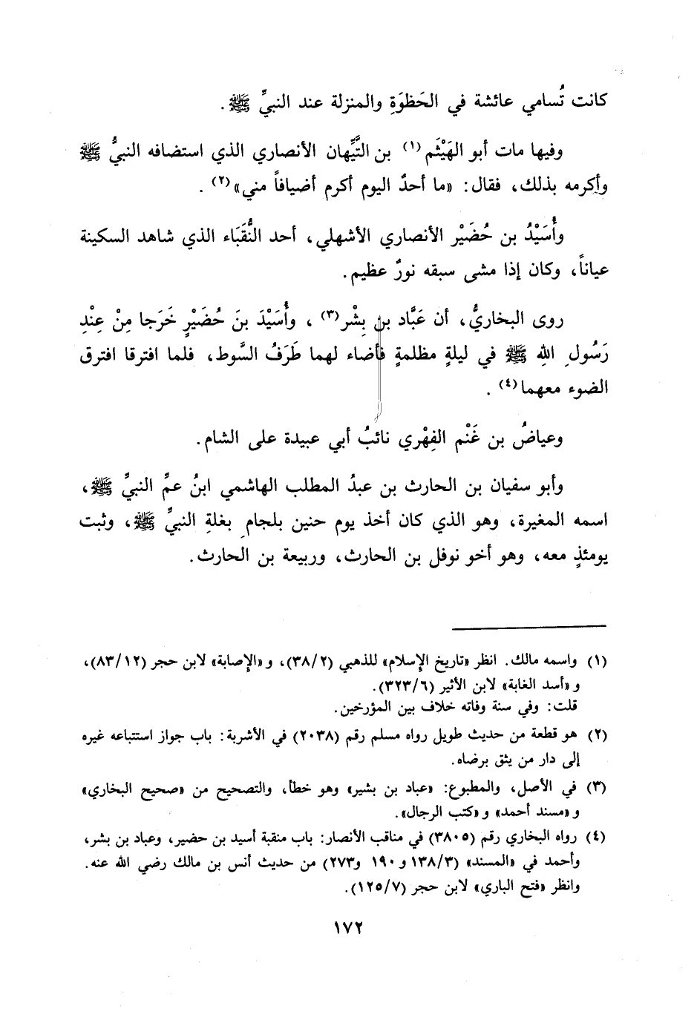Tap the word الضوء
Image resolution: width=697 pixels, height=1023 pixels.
[588, 389]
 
